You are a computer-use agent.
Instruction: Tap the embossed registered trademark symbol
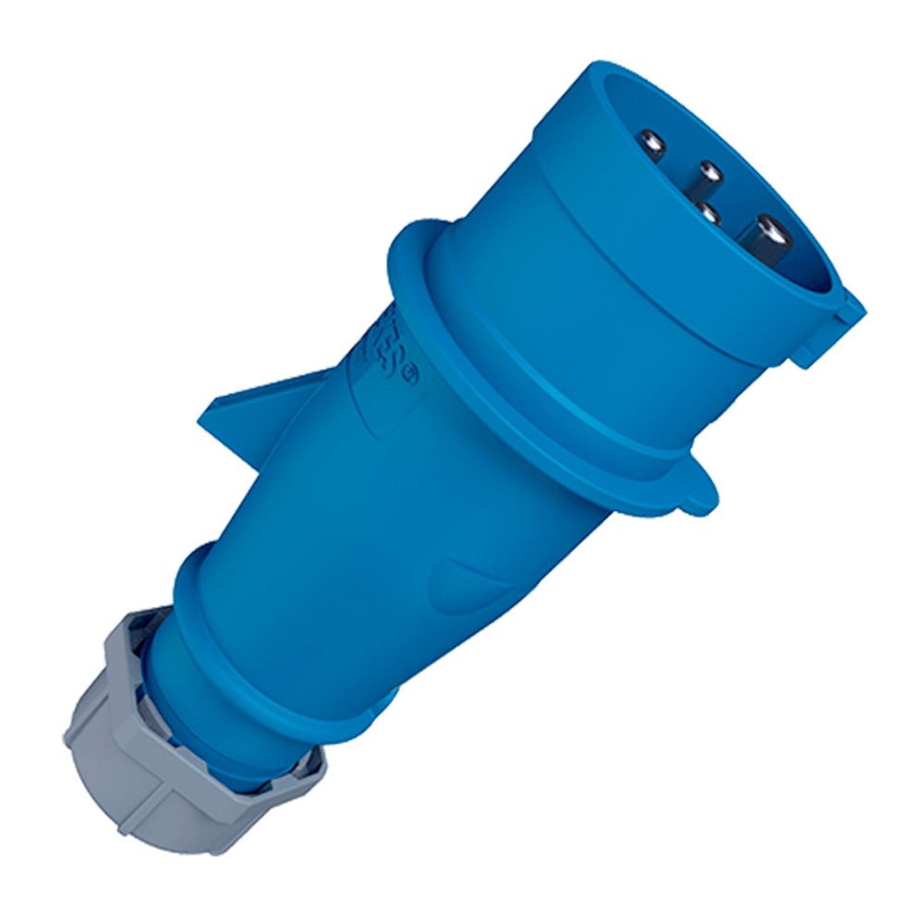click(x=412, y=377)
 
